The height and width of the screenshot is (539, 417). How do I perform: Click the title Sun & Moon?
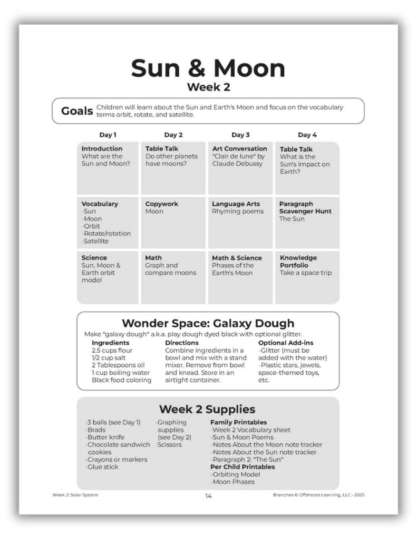pyautogui.click(x=208, y=68)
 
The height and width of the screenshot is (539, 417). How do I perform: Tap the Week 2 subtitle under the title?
pyautogui.click(x=208, y=87)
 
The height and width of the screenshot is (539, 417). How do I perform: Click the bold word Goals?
pyautogui.click(x=77, y=111)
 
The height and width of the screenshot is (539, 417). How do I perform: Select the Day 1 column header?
pyautogui.click(x=108, y=135)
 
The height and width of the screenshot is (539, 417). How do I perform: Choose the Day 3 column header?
pyautogui.click(x=240, y=135)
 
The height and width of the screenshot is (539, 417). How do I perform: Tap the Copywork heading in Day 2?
pyautogui.click(x=162, y=204)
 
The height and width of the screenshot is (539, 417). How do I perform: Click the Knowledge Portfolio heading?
pyautogui.click(x=298, y=262)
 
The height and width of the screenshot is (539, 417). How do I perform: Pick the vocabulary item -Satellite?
pyautogui.click(x=95, y=241)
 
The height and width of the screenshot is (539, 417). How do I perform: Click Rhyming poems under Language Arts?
pyautogui.click(x=238, y=211)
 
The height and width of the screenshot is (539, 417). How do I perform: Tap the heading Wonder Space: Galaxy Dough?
pyautogui.click(x=208, y=323)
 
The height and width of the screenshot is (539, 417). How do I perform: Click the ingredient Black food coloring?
pyautogui.click(x=121, y=380)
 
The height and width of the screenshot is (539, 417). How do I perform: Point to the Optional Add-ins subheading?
pyautogui.click(x=286, y=343)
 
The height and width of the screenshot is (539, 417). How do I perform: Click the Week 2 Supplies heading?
pyautogui.click(x=207, y=409)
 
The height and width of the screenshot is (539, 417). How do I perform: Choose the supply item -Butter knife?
pyautogui.click(x=103, y=437)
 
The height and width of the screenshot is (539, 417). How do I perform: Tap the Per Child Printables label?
pyautogui.click(x=243, y=467)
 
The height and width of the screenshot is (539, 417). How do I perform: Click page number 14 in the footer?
pyautogui.click(x=208, y=495)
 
